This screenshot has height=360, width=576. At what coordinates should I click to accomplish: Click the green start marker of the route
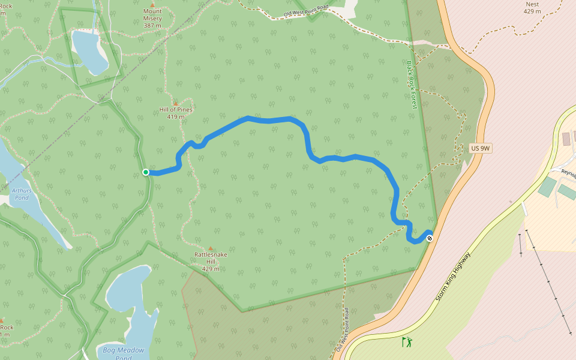pyautogui.click(x=146, y=172)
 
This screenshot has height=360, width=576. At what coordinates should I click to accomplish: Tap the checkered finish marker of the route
pyautogui.click(x=429, y=238)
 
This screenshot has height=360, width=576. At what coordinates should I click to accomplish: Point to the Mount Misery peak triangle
pyautogui.click(x=152, y=5)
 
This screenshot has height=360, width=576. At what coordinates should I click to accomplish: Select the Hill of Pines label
pyautogui.click(x=176, y=109)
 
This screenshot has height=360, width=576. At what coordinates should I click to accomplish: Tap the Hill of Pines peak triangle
pyautogui.click(x=175, y=103)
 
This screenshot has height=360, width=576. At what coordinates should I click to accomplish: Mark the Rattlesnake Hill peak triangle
pyautogui.click(x=211, y=248)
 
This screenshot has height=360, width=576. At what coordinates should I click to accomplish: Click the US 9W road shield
pyautogui.click(x=481, y=148)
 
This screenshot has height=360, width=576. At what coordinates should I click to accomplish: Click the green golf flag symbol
pyautogui.click(x=407, y=342)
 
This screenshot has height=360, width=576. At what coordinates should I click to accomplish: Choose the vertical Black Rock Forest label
pyautogui.click(x=411, y=84)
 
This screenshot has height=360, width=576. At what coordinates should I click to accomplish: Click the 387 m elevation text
pyautogui.click(x=152, y=26)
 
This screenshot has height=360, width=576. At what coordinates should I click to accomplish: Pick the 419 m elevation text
pyautogui.click(x=176, y=116)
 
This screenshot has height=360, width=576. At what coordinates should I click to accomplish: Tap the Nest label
pyautogui.click(x=532, y=4)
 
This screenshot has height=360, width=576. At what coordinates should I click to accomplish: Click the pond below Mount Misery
pyautogui.click(x=88, y=50)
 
